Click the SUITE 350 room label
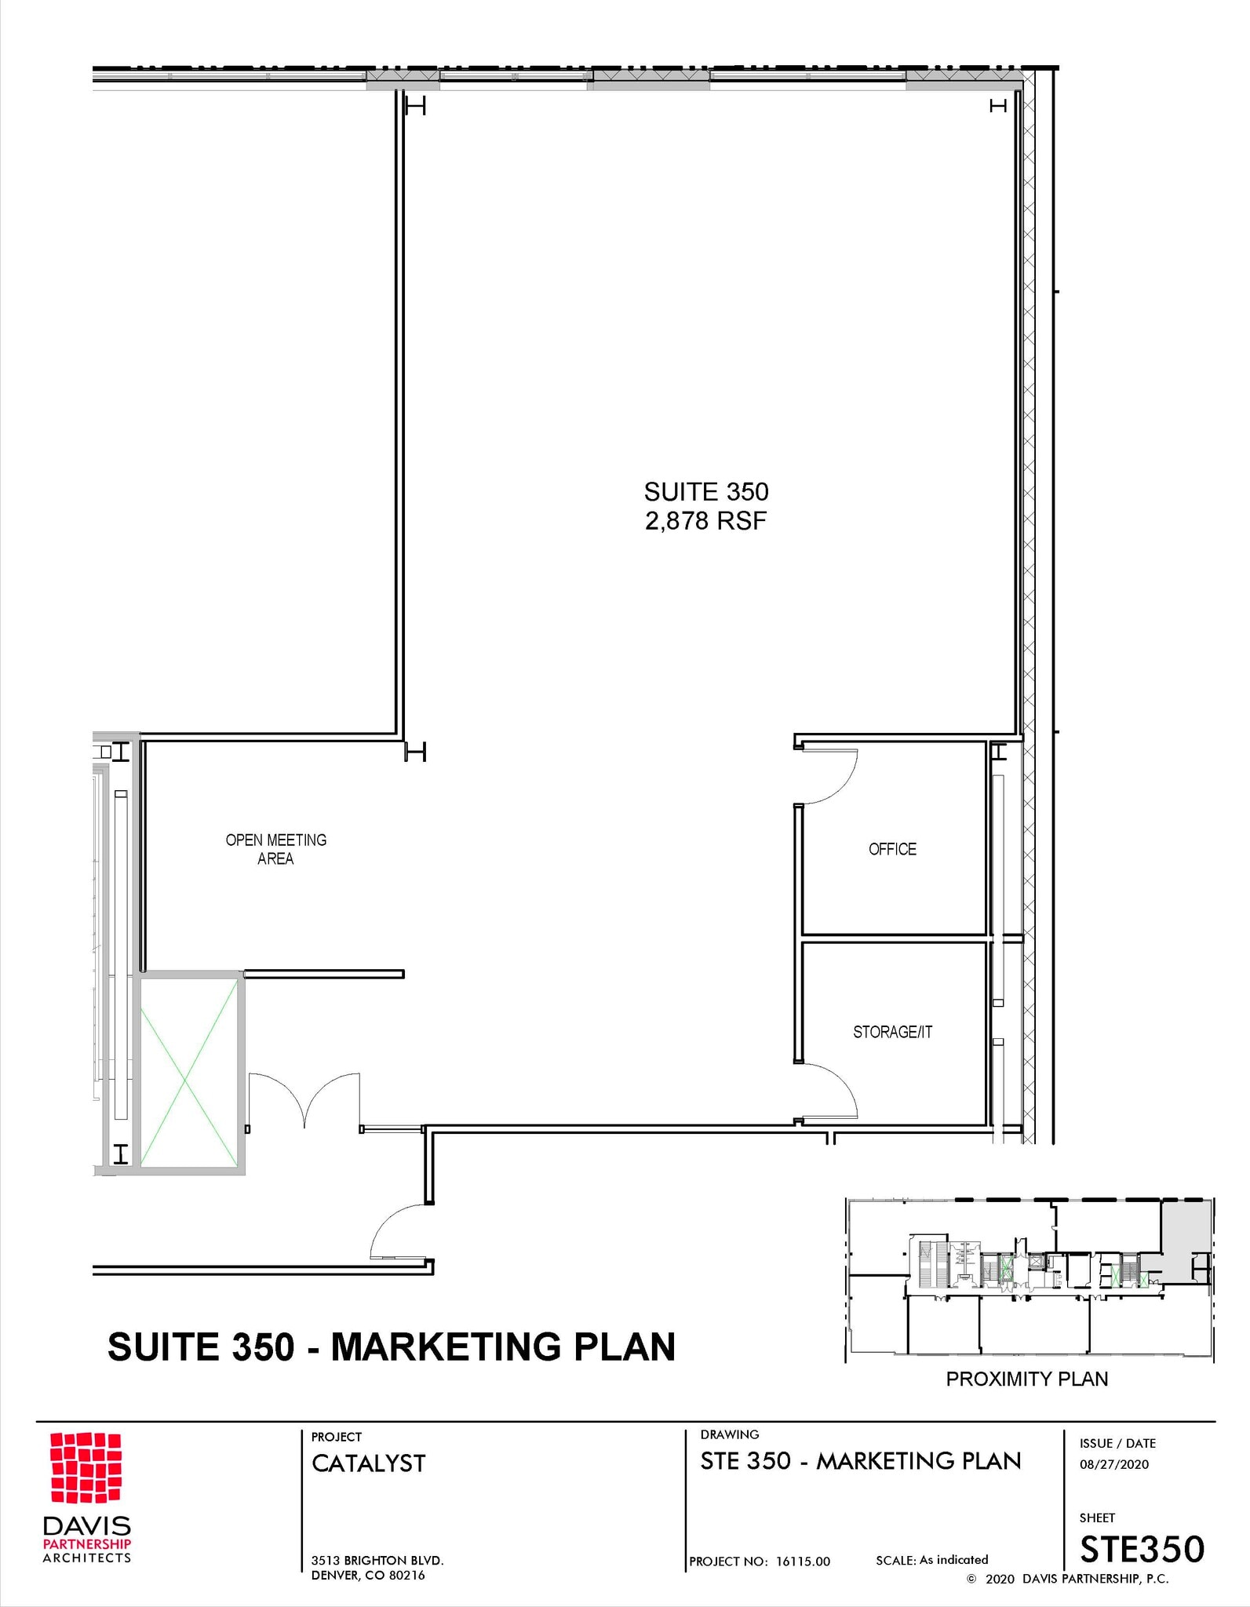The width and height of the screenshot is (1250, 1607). tap(705, 492)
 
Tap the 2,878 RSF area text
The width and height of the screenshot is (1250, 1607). tap(705, 521)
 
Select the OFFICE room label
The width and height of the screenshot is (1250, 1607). tap(892, 849)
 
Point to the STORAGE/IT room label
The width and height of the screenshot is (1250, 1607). tap(892, 1032)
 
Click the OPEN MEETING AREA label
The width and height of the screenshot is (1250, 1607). tap(275, 849)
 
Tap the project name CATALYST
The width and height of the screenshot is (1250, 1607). tap(368, 1463)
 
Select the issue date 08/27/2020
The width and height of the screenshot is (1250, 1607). tap(1113, 1464)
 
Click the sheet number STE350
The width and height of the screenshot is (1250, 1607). tap(1141, 1549)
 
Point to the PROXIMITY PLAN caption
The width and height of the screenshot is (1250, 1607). tap(1026, 1379)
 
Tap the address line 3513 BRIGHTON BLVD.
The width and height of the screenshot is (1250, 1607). tap(377, 1561)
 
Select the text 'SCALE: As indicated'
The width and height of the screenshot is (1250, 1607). tap(931, 1560)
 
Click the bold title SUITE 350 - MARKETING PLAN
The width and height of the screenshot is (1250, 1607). tap(391, 1347)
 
